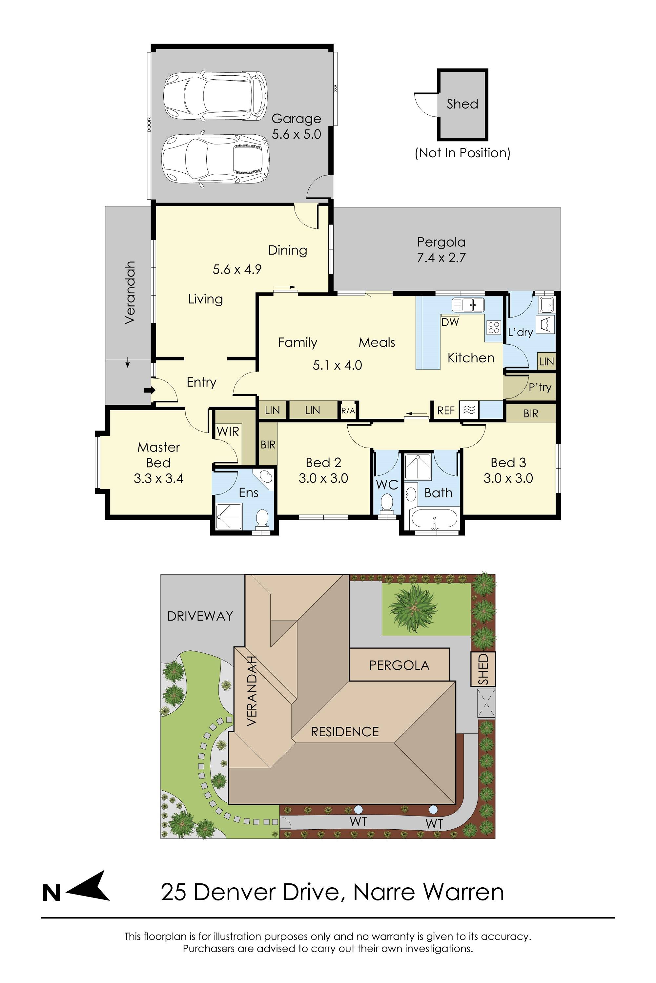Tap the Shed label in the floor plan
(x=462, y=104)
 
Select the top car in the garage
(x=215, y=96)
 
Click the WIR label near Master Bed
(x=228, y=432)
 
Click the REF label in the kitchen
(x=445, y=411)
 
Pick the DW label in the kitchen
(x=450, y=322)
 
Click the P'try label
(x=540, y=387)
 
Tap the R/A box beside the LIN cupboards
(x=348, y=411)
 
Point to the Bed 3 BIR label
(x=530, y=413)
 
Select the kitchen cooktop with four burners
(x=494, y=327)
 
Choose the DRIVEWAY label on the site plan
(x=199, y=616)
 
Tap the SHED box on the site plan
(x=483, y=669)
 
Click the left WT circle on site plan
(x=358, y=809)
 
